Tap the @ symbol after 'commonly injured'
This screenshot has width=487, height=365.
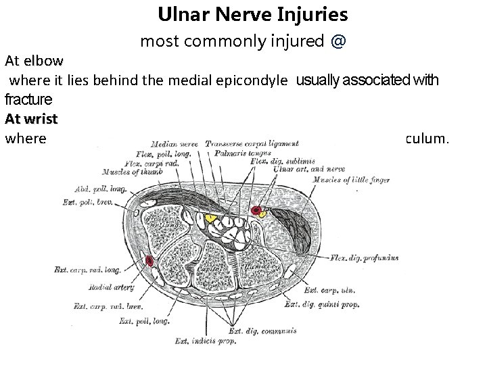pos(338,41)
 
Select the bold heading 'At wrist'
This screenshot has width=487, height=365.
pos(31,119)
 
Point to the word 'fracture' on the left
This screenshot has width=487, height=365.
pos(28,100)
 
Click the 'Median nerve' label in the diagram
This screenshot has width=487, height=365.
pos(175,143)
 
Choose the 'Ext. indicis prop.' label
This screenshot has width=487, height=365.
pos(206,339)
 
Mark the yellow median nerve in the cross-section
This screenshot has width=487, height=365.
pos(210,219)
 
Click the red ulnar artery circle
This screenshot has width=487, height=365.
pos(256,212)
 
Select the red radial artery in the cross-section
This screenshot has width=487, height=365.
pos(149,261)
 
